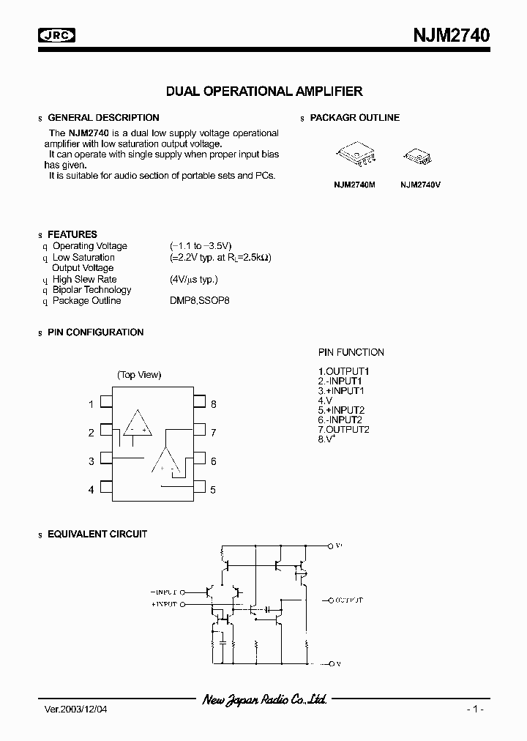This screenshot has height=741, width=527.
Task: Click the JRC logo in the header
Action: point(58,34)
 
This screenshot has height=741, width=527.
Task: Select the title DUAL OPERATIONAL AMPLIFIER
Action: point(264,92)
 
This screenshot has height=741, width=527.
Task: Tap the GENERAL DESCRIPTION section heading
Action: point(103,118)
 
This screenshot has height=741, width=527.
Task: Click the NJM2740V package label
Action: point(420,185)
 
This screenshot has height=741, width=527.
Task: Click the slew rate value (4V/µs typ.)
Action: point(194,279)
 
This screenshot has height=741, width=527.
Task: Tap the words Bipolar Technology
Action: point(92,290)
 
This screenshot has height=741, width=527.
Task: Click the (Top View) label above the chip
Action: point(139,375)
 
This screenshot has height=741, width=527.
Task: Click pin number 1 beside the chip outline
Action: point(91,404)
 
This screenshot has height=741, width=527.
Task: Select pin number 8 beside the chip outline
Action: point(214,404)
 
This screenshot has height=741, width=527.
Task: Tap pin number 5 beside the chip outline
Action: point(213,490)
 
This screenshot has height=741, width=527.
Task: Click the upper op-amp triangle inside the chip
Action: point(137,424)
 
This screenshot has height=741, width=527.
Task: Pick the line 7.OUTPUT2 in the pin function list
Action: point(343,430)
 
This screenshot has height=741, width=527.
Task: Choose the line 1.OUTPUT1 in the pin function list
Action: point(343,372)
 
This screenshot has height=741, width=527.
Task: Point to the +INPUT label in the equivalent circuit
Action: point(164,606)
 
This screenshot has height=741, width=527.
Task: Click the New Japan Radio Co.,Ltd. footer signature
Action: point(264,700)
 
